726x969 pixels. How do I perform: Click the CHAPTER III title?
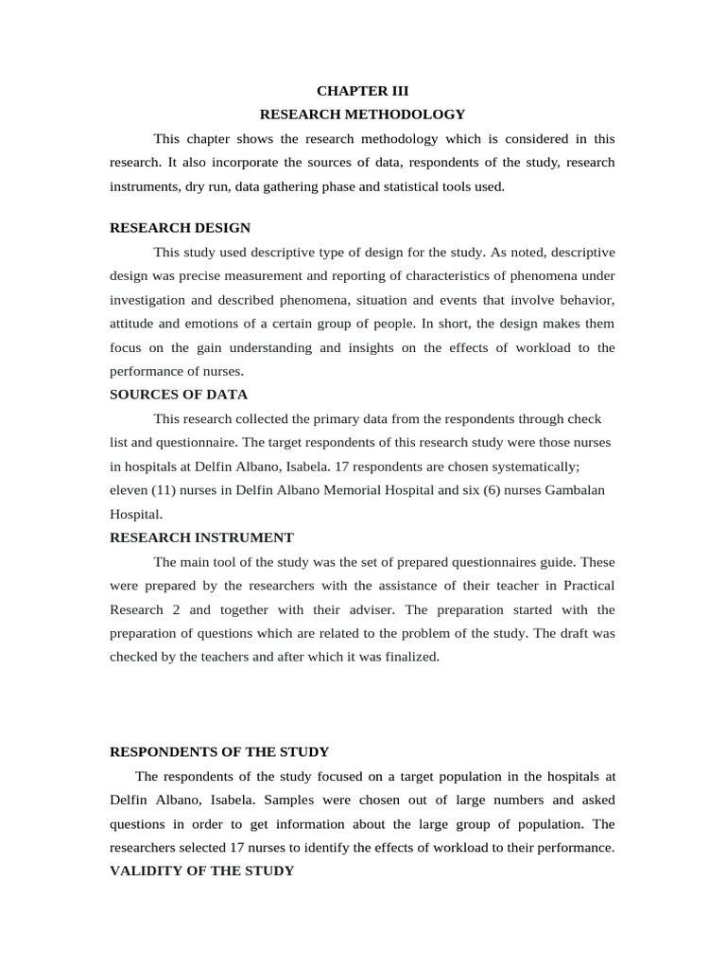[x=362, y=91]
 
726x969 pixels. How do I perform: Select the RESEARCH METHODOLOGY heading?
[x=362, y=115]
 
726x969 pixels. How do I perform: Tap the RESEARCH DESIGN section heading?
[x=181, y=228]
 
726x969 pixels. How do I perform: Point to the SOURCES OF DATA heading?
[x=179, y=395]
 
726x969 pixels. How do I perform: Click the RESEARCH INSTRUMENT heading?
[x=201, y=537]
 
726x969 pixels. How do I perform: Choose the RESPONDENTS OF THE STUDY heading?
[x=219, y=752]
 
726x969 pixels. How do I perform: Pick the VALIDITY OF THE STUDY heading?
[x=201, y=871]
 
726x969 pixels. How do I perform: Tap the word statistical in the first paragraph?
[x=401, y=186]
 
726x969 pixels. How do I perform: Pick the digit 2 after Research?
[x=179, y=609]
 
